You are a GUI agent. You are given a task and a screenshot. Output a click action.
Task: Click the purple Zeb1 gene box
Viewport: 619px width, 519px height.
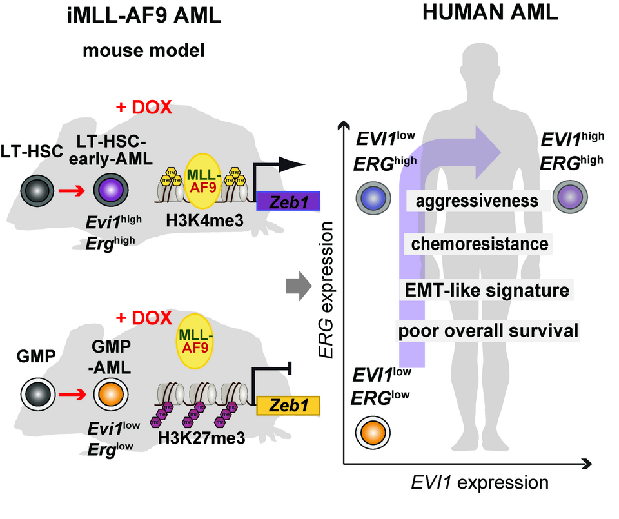tap(288, 202)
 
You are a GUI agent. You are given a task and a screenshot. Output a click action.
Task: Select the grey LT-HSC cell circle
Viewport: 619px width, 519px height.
tap(32, 191)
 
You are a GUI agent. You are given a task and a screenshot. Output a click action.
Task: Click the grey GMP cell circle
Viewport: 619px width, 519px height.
tap(33, 393)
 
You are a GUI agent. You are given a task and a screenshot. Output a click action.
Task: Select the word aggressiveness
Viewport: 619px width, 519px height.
tap(478, 201)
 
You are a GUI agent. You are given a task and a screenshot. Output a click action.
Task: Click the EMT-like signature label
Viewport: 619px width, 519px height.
tap(484, 290)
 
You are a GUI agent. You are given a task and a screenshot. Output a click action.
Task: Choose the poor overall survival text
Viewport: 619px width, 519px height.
tap(487, 332)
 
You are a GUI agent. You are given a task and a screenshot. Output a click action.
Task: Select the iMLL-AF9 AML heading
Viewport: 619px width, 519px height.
tap(143, 17)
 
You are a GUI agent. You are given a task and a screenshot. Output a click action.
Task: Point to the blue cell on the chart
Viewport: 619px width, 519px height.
tap(375, 199)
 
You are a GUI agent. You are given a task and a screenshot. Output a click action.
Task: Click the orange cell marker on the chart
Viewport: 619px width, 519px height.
tap(375, 431)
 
